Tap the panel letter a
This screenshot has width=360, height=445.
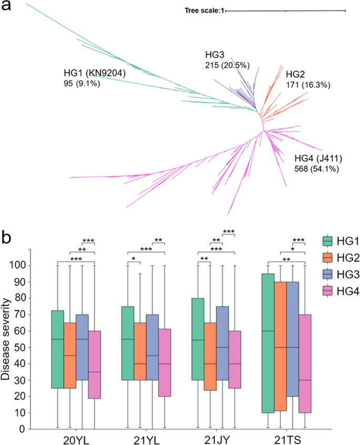click(7, 8)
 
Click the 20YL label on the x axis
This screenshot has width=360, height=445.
click(75, 439)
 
